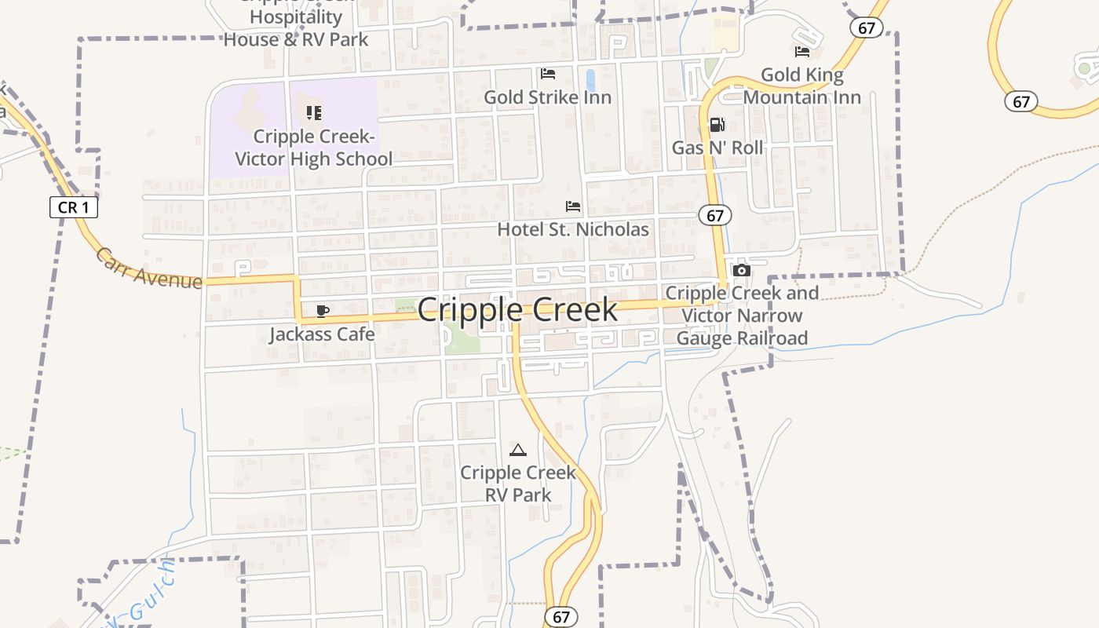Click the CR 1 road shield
[74, 208]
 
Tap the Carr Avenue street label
[149, 267]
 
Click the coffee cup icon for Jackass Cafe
[322, 311]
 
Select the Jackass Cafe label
[322, 334]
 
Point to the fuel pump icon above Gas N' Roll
[717, 124]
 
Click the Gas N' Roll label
[717, 148]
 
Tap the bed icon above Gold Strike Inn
[548, 74]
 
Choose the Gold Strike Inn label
[547, 97]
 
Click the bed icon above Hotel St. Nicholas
[573, 206]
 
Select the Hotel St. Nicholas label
[573, 229]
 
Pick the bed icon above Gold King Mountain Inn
[801, 52]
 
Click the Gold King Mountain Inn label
[801, 86]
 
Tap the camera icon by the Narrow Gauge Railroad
[741, 270]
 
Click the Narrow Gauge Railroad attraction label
[742, 316]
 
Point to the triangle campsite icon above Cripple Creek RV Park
[517, 450]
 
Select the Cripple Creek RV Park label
[517, 484]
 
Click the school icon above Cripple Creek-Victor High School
[314, 112]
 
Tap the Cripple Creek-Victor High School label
[314, 148]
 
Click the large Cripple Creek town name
[517, 310]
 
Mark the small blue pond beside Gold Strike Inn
[590, 80]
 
